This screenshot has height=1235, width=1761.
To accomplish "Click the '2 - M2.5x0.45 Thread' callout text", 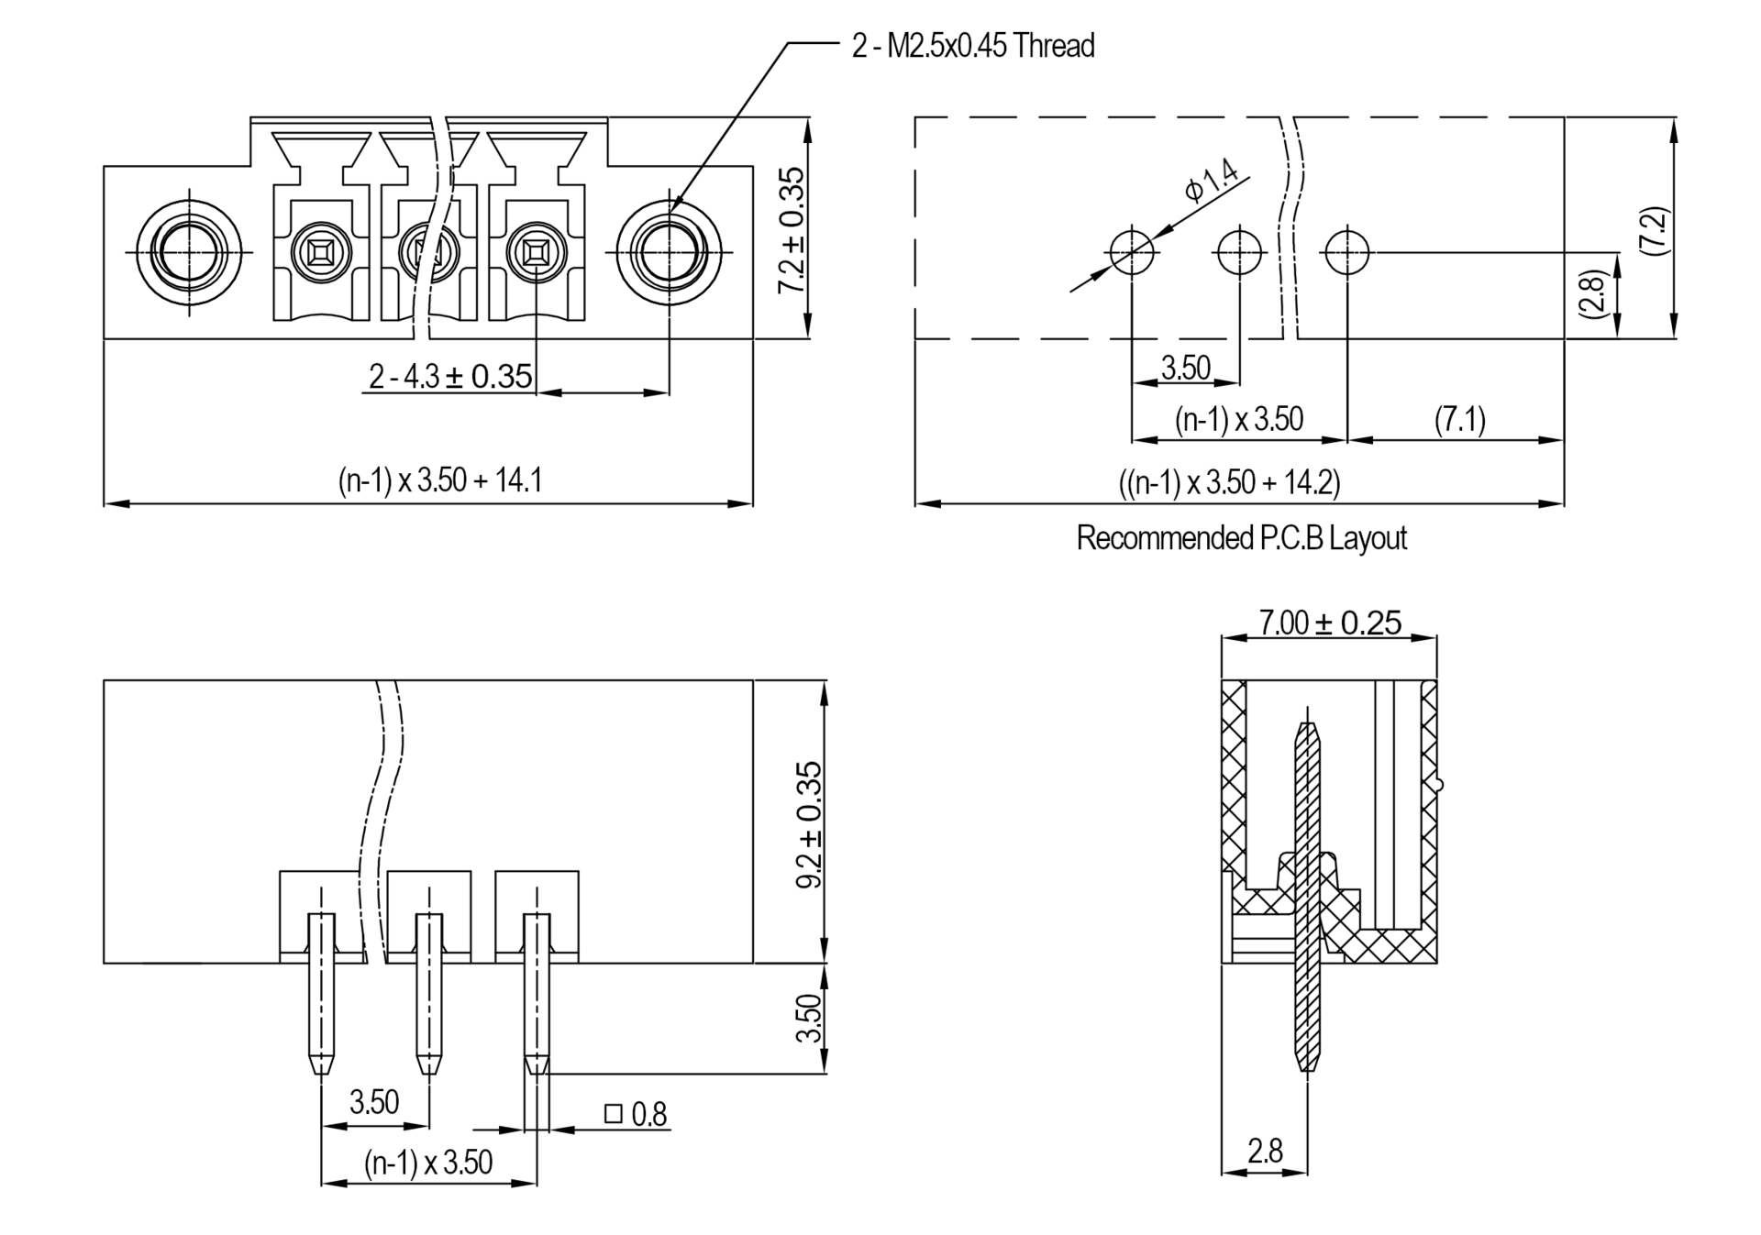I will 973,45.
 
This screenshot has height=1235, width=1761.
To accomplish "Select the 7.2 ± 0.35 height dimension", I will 791,229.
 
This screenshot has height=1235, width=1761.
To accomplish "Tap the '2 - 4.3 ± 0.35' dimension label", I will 450,376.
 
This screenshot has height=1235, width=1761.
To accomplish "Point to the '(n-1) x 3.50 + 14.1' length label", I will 439,480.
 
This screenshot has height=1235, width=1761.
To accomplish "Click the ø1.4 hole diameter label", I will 1212,179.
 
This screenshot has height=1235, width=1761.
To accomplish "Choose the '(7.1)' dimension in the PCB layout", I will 1459,420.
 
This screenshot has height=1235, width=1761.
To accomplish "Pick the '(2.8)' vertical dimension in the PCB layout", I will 1593,294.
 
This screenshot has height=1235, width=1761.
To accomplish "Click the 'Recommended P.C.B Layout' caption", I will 1241,537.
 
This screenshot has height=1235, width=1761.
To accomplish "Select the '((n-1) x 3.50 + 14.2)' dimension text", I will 1229,482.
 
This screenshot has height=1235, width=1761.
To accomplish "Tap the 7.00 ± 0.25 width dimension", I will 1330,623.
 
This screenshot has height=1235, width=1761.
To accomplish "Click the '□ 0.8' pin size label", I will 636,1114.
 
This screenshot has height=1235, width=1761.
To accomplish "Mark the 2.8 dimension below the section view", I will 1265,1151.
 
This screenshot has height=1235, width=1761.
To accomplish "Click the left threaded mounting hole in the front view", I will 190,251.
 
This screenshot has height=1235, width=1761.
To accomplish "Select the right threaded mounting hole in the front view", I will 669,251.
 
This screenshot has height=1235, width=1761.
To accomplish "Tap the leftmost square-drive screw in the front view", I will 321,250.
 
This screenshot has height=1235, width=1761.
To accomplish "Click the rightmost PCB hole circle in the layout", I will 1347,251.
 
